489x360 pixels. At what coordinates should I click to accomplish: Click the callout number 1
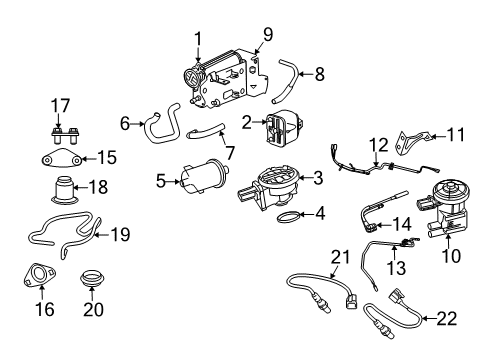[x=198, y=39]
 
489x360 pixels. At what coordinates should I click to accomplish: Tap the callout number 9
[x=268, y=35]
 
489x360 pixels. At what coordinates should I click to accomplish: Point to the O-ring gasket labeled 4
[x=286, y=215]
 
